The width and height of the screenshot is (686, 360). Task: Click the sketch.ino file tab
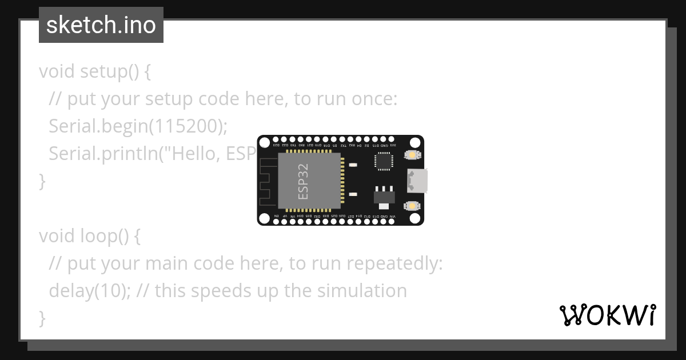pyautogui.click(x=101, y=25)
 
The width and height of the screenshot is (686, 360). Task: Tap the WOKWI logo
pyautogui.click(x=608, y=315)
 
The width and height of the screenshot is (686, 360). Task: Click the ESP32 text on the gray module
pyautogui.click(x=304, y=181)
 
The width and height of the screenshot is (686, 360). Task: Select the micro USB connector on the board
pyautogui.click(x=417, y=181)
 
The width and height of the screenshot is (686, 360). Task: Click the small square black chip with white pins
pyautogui.click(x=384, y=162)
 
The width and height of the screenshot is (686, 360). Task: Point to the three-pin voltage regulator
pyautogui.click(x=384, y=195)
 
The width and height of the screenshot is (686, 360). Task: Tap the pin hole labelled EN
pyautogui.click(x=276, y=222)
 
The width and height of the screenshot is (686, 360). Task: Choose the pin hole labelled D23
pyautogui.click(x=276, y=139)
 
